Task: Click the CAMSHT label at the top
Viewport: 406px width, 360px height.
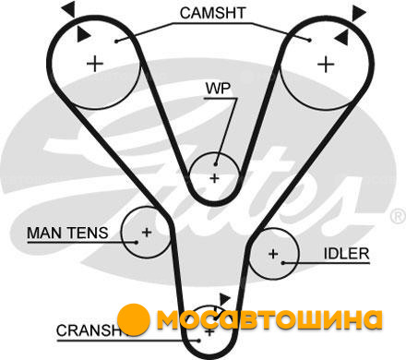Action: [x=212, y=13]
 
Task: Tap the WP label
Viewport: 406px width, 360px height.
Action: [x=218, y=89]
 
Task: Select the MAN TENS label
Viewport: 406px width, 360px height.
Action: [x=67, y=233]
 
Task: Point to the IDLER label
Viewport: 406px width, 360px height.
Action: [x=346, y=254]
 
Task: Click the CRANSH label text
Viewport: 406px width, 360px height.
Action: [x=88, y=330]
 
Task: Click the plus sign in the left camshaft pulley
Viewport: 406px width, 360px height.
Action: [x=95, y=65]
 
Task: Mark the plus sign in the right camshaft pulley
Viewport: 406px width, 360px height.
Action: [x=326, y=65]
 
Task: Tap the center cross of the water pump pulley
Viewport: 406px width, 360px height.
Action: [x=214, y=178]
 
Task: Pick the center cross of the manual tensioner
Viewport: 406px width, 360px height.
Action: [x=147, y=232]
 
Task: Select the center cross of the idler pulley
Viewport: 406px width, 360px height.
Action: [x=273, y=254]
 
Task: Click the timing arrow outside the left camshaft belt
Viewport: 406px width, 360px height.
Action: [x=69, y=8]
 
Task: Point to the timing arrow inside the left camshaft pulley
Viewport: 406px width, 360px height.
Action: [x=82, y=34]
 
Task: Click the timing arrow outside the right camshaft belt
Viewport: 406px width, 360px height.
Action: [x=358, y=12]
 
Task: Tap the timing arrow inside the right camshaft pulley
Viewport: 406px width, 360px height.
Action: [x=342, y=38]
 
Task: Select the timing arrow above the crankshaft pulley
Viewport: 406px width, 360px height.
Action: [x=224, y=300]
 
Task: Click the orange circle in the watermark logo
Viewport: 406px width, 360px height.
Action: [x=134, y=319]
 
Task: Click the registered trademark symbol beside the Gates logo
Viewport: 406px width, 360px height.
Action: [x=399, y=216]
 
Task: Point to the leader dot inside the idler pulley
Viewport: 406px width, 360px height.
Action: [x=282, y=263]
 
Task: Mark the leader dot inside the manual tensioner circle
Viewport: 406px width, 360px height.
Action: [x=137, y=242]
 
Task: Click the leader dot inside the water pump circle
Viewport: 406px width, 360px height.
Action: [x=216, y=164]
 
